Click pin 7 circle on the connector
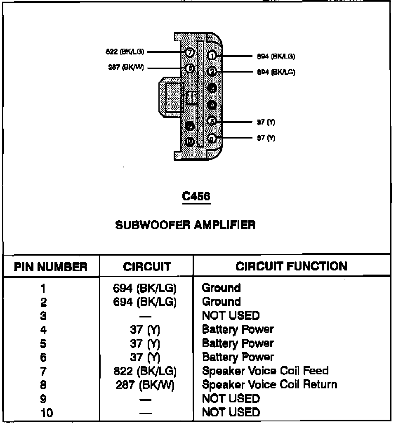click(189, 53)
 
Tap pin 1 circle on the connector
click(212, 56)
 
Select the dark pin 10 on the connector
click(189, 142)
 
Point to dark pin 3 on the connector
click(212, 88)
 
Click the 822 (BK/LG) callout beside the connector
click(125, 52)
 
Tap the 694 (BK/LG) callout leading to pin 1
click(276, 56)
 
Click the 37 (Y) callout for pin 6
click(266, 138)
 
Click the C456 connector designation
click(196, 197)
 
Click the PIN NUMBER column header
click(51, 266)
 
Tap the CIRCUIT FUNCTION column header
click(291, 266)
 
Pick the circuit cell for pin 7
click(145, 371)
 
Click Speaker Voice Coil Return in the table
click(269, 385)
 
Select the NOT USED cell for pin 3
click(231, 316)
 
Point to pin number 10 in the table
click(47, 413)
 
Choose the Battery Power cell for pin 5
click(238, 343)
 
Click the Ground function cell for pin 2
click(221, 302)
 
